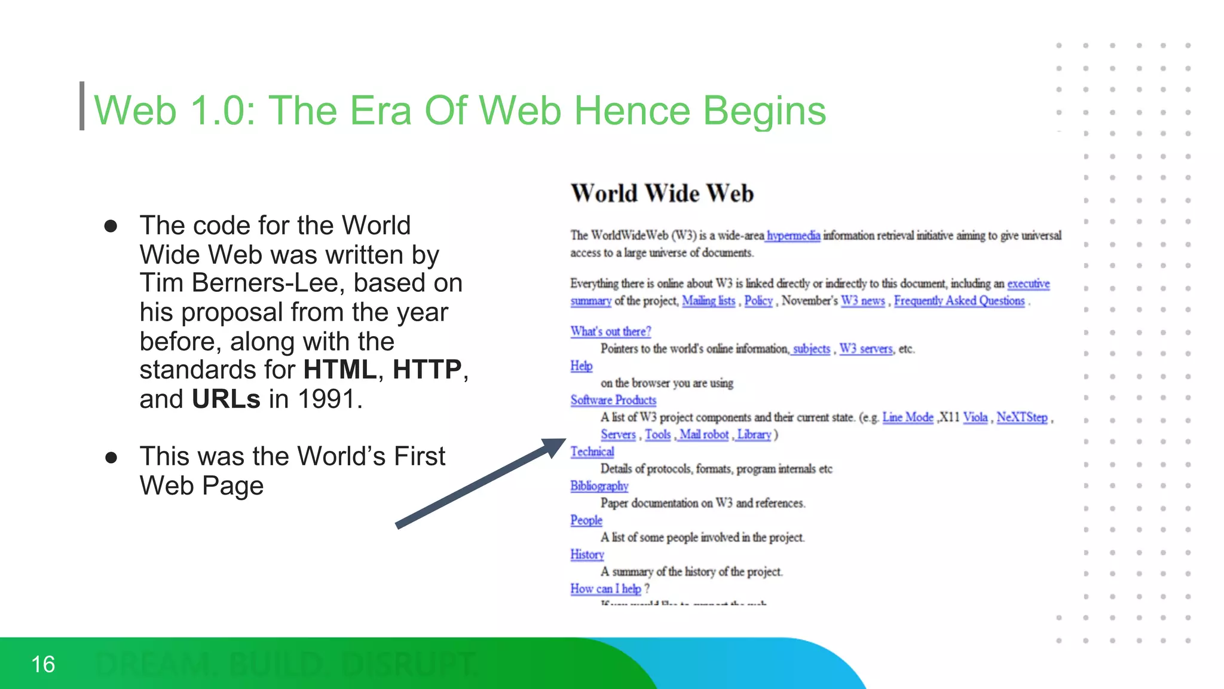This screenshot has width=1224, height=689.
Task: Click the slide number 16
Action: pyautogui.click(x=43, y=664)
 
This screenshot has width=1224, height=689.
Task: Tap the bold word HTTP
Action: pyautogui.click(x=427, y=370)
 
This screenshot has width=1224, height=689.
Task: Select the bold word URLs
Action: pyautogui.click(x=226, y=399)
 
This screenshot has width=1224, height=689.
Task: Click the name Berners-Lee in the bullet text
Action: pyautogui.click(x=267, y=283)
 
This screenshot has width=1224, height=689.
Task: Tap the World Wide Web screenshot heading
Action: pyautogui.click(x=662, y=194)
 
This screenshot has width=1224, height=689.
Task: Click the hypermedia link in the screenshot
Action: pyautogui.click(x=793, y=236)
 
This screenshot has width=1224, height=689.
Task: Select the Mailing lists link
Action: pyautogui.click(x=708, y=301)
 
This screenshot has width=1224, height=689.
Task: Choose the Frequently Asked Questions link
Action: pyautogui.click(x=959, y=301)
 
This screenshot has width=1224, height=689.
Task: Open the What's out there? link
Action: pyautogui.click(x=610, y=331)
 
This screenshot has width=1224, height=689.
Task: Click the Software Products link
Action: pyautogui.click(x=613, y=400)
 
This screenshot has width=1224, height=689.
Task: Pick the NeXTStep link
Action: pyautogui.click(x=1021, y=417)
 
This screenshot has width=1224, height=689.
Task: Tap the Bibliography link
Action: pyautogui.click(x=599, y=486)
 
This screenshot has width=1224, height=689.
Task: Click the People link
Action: pyautogui.click(x=586, y=520)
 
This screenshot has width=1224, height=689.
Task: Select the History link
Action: pyautogui.click(x=587, y=554)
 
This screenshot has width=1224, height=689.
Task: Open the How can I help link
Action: pyautogui.click(x=605, y=589)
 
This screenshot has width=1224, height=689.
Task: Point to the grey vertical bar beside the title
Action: pyautogui.click(x=82, y=106)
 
